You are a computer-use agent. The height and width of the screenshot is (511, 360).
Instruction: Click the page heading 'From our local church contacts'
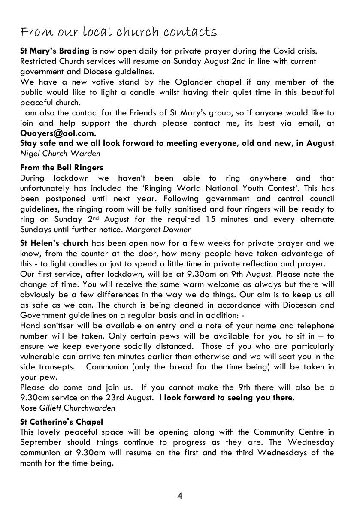click(118, 32)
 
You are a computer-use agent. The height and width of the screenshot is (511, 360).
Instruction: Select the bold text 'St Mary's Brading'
click(54, 51)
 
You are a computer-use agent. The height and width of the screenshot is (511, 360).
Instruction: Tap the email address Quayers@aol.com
click(58, 133)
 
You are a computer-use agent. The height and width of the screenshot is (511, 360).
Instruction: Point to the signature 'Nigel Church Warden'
click(60, 153)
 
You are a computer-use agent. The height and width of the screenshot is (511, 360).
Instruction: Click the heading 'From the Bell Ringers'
click(62, 167)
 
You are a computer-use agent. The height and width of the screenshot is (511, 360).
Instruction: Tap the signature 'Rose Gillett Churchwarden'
click(67, 408)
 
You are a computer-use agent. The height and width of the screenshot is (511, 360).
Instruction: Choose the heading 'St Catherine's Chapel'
click(61, 422)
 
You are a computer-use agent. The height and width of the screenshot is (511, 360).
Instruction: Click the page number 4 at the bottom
click(180, 496)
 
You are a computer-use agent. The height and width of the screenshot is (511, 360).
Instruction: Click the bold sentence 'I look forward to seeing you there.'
click(227, 398)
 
